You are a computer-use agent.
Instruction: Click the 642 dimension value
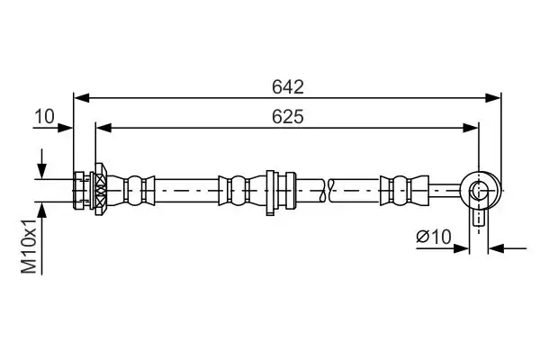[x=288, y=87]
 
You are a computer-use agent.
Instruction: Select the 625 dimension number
[x=288, y=117]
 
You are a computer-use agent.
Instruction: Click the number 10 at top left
[x=45, y=117]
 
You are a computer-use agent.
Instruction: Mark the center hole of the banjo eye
[x=478, y=190]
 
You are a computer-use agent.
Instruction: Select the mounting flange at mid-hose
[x=270, y=191]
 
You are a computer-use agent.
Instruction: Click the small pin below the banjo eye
[x=478, y=217]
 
